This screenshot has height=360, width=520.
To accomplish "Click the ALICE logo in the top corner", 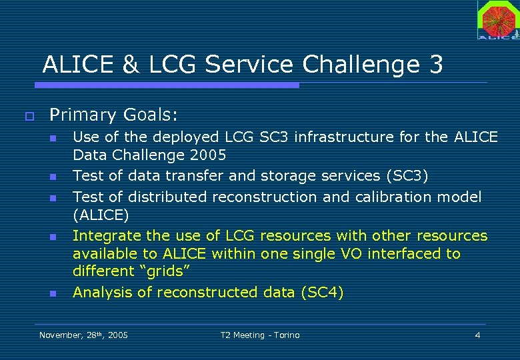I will (498, 20).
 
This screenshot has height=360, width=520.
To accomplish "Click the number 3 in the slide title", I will (436, 65).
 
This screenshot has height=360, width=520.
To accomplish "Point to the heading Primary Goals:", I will (114, 115).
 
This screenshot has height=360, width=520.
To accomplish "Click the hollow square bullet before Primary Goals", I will (28, 115).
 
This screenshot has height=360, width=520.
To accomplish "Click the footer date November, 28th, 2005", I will (84, 335).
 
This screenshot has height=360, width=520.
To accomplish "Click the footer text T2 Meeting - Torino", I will (260, 335).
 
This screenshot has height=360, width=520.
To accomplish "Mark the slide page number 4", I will (477, 335).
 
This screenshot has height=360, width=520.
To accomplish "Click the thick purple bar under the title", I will (167, 85).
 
